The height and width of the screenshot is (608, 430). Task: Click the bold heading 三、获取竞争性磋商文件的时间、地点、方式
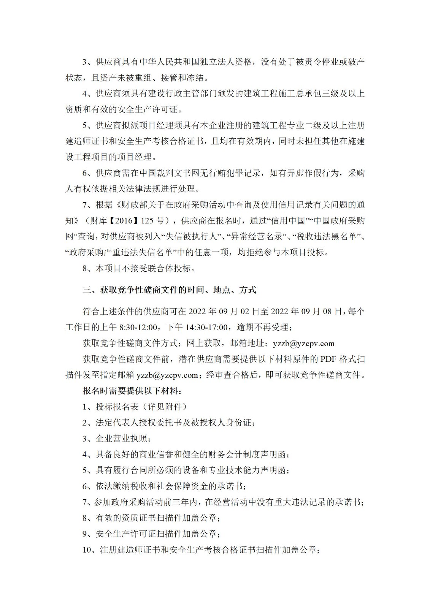tap(170, 290)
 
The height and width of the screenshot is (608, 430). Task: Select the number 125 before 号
tap(149, 220)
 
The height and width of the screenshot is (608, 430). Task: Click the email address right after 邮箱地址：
tap(304, 344)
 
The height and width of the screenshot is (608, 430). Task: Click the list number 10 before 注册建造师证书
tap(87, 550)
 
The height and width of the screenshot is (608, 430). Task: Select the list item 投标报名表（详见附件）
tap(141, 407)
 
